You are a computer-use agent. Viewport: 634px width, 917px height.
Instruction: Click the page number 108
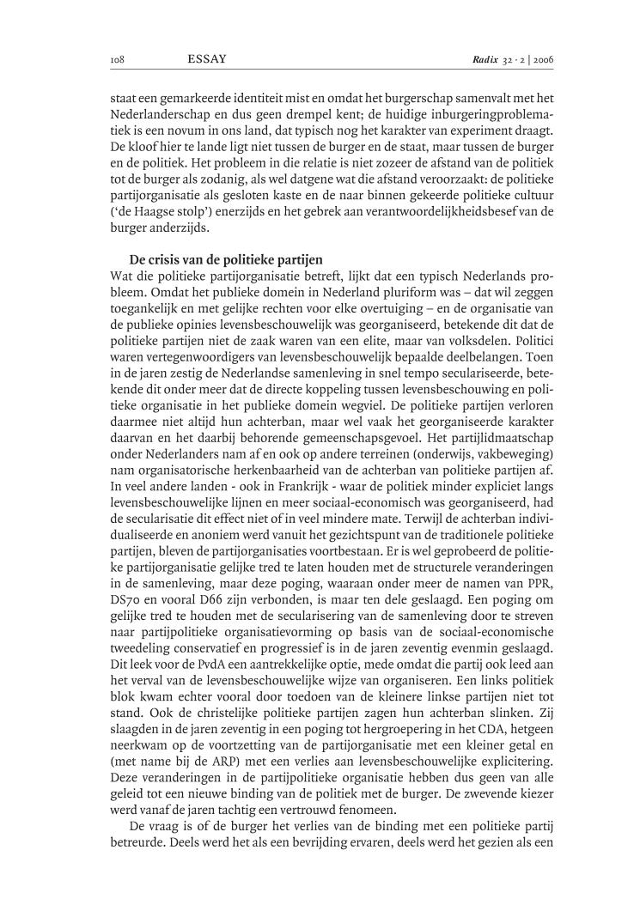pyautogui.click(x=118, y=61)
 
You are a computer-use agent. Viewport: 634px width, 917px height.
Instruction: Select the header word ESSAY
pyautogui.click(x=206, y=60)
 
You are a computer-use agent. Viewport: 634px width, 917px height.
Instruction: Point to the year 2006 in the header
pyautogui.click(x=544, y=61)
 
